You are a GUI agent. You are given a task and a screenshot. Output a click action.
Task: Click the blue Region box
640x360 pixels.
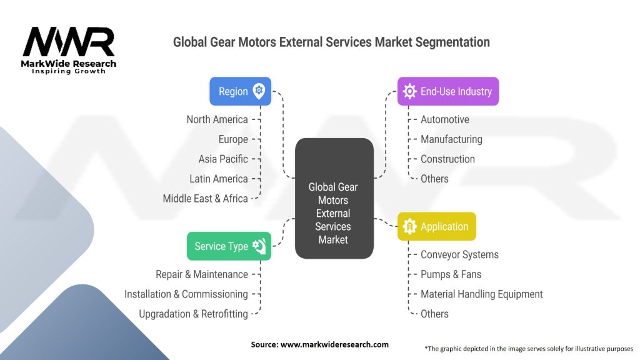point(240,91)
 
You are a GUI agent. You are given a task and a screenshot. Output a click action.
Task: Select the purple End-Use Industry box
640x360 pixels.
point(447,91)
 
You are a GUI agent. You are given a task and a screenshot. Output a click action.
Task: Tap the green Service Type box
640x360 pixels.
point(229,246)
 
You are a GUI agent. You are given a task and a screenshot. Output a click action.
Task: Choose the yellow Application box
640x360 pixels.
point(436,226)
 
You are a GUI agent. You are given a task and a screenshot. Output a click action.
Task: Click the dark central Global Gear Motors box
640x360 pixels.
point(333,199)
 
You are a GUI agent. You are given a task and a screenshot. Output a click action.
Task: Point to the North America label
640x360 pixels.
point(217,119)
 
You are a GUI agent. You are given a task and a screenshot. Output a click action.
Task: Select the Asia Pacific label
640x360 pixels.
point(223,159)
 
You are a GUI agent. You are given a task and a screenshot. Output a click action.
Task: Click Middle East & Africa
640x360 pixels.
point(205,198)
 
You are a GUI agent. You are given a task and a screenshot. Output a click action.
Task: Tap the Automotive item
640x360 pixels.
point(444,119)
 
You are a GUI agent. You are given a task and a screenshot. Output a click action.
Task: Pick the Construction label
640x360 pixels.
point(447,159)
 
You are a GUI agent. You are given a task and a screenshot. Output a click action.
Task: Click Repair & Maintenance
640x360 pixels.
point(201,274)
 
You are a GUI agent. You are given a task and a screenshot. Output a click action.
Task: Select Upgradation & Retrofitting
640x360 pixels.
point(193,314)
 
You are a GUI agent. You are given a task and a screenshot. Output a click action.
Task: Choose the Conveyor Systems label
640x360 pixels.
point(459,254)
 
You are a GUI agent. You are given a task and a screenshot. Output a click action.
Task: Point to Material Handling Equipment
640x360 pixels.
point(481,294)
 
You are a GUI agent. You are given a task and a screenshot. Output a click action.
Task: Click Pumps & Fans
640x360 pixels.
point(451,274)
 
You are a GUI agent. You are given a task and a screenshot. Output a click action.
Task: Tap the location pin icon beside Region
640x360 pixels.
point(259,91)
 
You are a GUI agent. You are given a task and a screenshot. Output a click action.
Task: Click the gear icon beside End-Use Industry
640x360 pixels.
point(409,91)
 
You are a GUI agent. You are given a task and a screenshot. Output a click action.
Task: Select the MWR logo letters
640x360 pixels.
point(69,43)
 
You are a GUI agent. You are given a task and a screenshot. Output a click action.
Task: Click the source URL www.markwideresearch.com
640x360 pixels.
point(334,344)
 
